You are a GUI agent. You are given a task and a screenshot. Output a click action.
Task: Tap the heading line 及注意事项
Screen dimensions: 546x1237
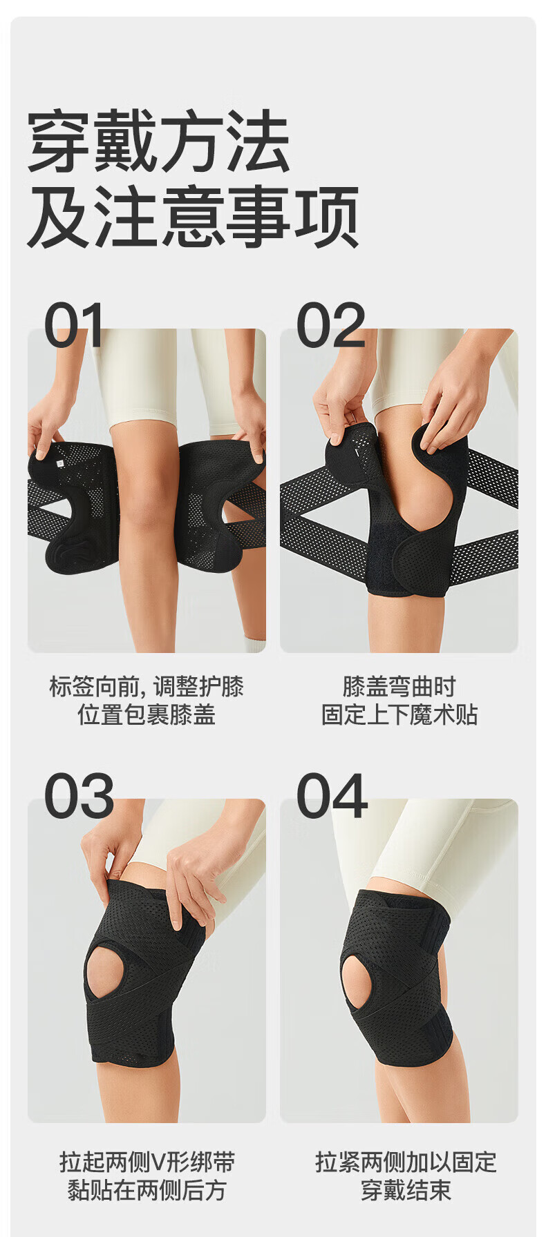193,216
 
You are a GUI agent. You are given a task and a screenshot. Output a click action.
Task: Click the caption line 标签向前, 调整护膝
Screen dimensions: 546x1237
147,686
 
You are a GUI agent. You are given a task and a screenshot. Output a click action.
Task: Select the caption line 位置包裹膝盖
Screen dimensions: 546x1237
147,714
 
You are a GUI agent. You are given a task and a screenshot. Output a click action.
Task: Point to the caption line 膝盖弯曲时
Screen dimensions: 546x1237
399,686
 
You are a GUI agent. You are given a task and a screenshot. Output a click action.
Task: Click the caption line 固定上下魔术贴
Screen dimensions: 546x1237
399,714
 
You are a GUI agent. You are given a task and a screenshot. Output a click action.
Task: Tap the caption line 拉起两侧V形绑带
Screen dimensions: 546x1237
147,1162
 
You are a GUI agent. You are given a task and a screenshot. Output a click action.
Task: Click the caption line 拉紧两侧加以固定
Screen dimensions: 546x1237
406,1162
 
